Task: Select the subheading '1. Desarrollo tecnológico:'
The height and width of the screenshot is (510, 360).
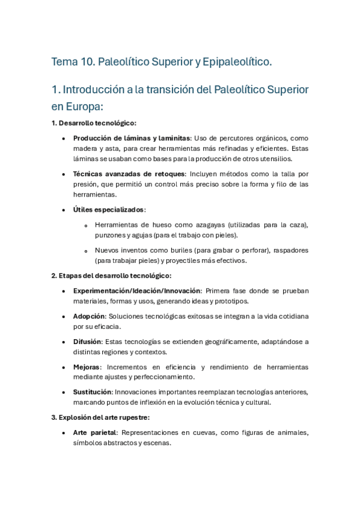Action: point(94,123)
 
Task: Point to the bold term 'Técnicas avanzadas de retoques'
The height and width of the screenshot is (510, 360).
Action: point(121,174)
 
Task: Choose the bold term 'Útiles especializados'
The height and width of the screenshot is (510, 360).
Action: point(109,210)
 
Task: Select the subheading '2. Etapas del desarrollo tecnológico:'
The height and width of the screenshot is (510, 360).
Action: point(111,275)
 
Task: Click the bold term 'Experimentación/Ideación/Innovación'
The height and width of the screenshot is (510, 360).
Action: point(135,290)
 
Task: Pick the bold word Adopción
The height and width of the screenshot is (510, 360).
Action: point(89,316)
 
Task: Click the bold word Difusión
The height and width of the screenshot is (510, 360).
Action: point(87,342)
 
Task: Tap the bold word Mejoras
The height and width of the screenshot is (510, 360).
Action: point(86,367)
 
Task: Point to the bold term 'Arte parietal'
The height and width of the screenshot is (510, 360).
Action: point(96,432)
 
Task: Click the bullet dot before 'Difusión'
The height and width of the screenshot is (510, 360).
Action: point(64,342)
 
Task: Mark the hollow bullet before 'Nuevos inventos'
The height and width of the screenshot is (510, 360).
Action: point(87,251)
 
